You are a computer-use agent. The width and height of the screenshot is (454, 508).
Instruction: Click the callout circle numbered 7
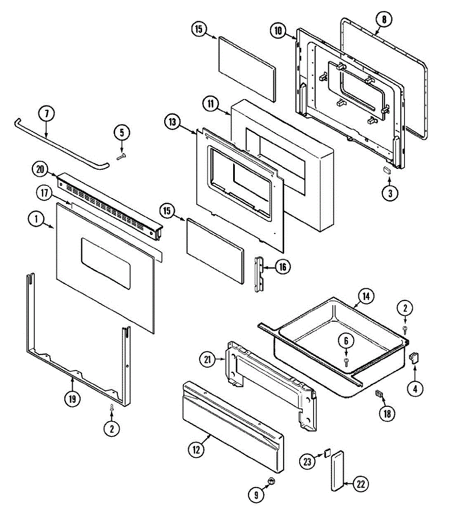47,114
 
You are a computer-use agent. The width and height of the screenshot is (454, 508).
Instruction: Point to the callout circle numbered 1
36,219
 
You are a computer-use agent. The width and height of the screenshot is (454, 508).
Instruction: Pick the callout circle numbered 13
172,122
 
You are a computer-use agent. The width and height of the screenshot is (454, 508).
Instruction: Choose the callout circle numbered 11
211,104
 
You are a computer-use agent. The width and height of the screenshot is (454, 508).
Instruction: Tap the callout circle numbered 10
278,30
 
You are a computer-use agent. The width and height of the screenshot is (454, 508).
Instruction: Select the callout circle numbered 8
384,19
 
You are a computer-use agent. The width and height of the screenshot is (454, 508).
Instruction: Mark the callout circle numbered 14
366,296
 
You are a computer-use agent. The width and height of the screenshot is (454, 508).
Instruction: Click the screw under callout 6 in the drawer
346,360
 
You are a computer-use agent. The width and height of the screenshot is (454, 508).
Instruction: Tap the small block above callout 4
414,358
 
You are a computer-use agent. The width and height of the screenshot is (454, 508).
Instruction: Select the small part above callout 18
379,395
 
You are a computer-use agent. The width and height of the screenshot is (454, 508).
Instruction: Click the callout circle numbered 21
207,360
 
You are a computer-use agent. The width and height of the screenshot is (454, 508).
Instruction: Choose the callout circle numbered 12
196,450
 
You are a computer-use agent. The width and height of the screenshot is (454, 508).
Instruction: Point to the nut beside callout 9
271,481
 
